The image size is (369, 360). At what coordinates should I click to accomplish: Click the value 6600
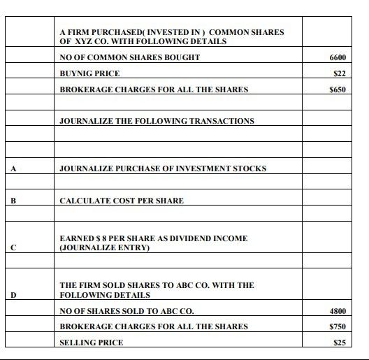pyautogui.click(x=338, y=57)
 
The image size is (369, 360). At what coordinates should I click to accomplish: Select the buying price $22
pyautogui.click(x=340, y=73)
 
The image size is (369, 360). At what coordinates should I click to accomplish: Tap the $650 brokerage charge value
pyautogui.click(x=338, y=89)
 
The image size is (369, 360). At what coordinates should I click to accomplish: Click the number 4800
pyautogui.click(x=338, y=311)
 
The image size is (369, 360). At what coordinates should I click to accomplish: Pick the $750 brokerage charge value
pyautogui.click(x=338, y=326)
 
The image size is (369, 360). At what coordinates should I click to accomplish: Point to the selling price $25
pyautogui.click(x=340, y=343)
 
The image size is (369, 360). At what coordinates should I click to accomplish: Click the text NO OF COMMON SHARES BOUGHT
pyautogui.click(x=129, y=57)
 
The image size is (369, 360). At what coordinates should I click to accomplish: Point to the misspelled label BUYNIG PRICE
pyautogui.click(x=89, y=73)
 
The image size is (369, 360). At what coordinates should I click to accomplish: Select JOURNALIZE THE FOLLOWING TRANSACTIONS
pyautogui.click(x=157, y=121)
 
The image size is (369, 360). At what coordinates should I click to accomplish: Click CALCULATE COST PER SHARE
pyautogui.click(x=122, y=201)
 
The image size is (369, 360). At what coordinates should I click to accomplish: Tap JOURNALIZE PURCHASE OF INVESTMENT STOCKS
pyautogui.click(x=163, y=168)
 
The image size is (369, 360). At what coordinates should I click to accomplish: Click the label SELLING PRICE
pyautogui.click(x=91, y=343)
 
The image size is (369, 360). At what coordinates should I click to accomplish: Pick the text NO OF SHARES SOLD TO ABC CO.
pyautogui.click(x=126, y=311)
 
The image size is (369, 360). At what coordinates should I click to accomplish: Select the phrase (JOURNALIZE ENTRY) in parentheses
pyautogui.click(x=105, y=247)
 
